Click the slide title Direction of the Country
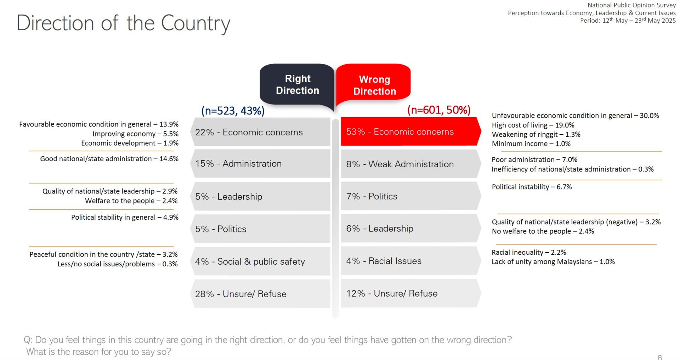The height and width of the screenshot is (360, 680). [x=123, y=23]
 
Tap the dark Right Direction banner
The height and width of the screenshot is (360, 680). [x=297, y=84]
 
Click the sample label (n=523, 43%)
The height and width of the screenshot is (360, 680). [x=233, y=111]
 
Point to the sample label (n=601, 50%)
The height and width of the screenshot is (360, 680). [x=439, y=110]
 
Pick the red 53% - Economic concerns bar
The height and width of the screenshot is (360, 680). [x=410, y=132]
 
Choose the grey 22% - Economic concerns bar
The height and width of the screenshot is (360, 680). [x=261, y=132]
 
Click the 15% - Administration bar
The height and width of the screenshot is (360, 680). [x=261, y=164]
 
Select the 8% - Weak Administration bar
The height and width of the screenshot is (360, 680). [x=410, y=164]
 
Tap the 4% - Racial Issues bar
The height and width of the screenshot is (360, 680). [x=410, y=261]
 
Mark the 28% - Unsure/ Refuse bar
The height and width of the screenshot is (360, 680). [x=261, y=294]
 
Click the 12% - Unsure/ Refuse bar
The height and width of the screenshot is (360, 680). [x=410, y=293]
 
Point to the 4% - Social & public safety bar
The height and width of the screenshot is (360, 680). [x=261, y=261]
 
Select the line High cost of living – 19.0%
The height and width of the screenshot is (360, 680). [x=533, y=125]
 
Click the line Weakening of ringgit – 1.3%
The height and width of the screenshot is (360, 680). [x=536, y=134]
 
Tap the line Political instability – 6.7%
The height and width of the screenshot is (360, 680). [x=532, y=187]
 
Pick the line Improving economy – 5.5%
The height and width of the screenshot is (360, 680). [x=135, y=134]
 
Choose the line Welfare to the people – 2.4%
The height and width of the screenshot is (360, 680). [x=131, y=201]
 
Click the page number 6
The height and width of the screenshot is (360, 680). [x=659, y=357]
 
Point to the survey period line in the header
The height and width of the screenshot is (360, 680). [x=628, y=21]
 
